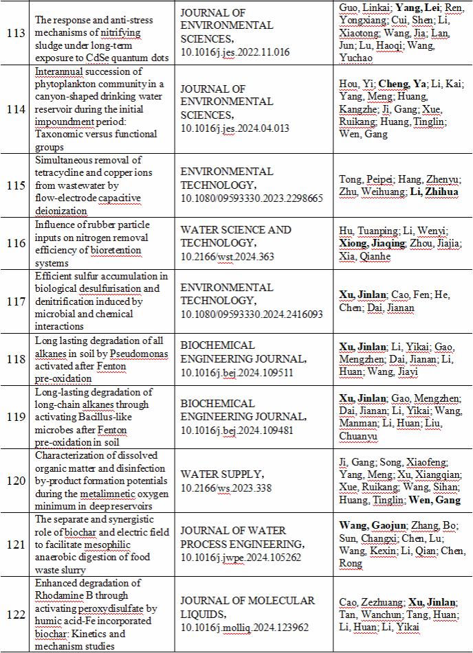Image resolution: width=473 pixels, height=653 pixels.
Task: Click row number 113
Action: tap(16, 33)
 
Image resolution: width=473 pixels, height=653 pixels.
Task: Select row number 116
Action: tap(16, 244)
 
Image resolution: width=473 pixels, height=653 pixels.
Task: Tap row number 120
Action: tap(16, 481)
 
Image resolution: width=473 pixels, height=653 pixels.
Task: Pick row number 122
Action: tap(16, 615)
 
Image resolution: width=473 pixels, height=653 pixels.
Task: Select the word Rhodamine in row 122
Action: tap(63, 595)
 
